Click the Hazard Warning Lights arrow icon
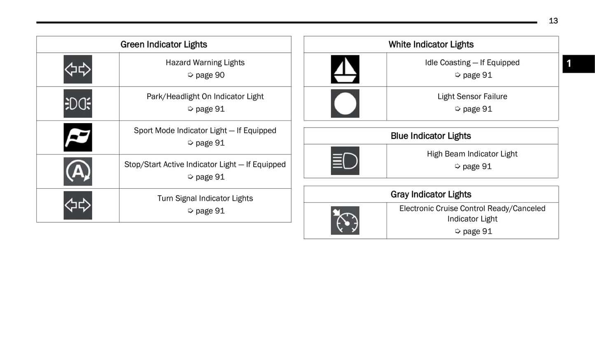[x=77, y=69]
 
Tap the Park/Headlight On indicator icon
[x=77, y=103]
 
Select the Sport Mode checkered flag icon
[x=77, y=137]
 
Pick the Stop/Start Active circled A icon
[x=77, y=171]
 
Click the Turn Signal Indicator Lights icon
[x=77, y=205]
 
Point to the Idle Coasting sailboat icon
[x=345, y=69]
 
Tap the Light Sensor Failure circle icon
[x=345, y=103]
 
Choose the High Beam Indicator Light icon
[x=345, y=161]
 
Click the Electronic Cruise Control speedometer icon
[x=345, y=220]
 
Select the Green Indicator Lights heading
[x=163, y=44]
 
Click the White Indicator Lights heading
[x=431, y=44]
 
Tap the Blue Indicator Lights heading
[x=431, y=136]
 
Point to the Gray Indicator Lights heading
[x=431, y=194]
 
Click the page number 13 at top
[x=553, y=21]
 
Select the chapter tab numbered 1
[x=578, y=64]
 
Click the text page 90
[x=210, y=75]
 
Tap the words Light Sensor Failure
[x=472, y=96]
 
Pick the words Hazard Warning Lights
[x=205, y=63]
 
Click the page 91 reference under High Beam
[x=476, y=166]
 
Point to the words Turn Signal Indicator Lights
[x=205, y=198]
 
